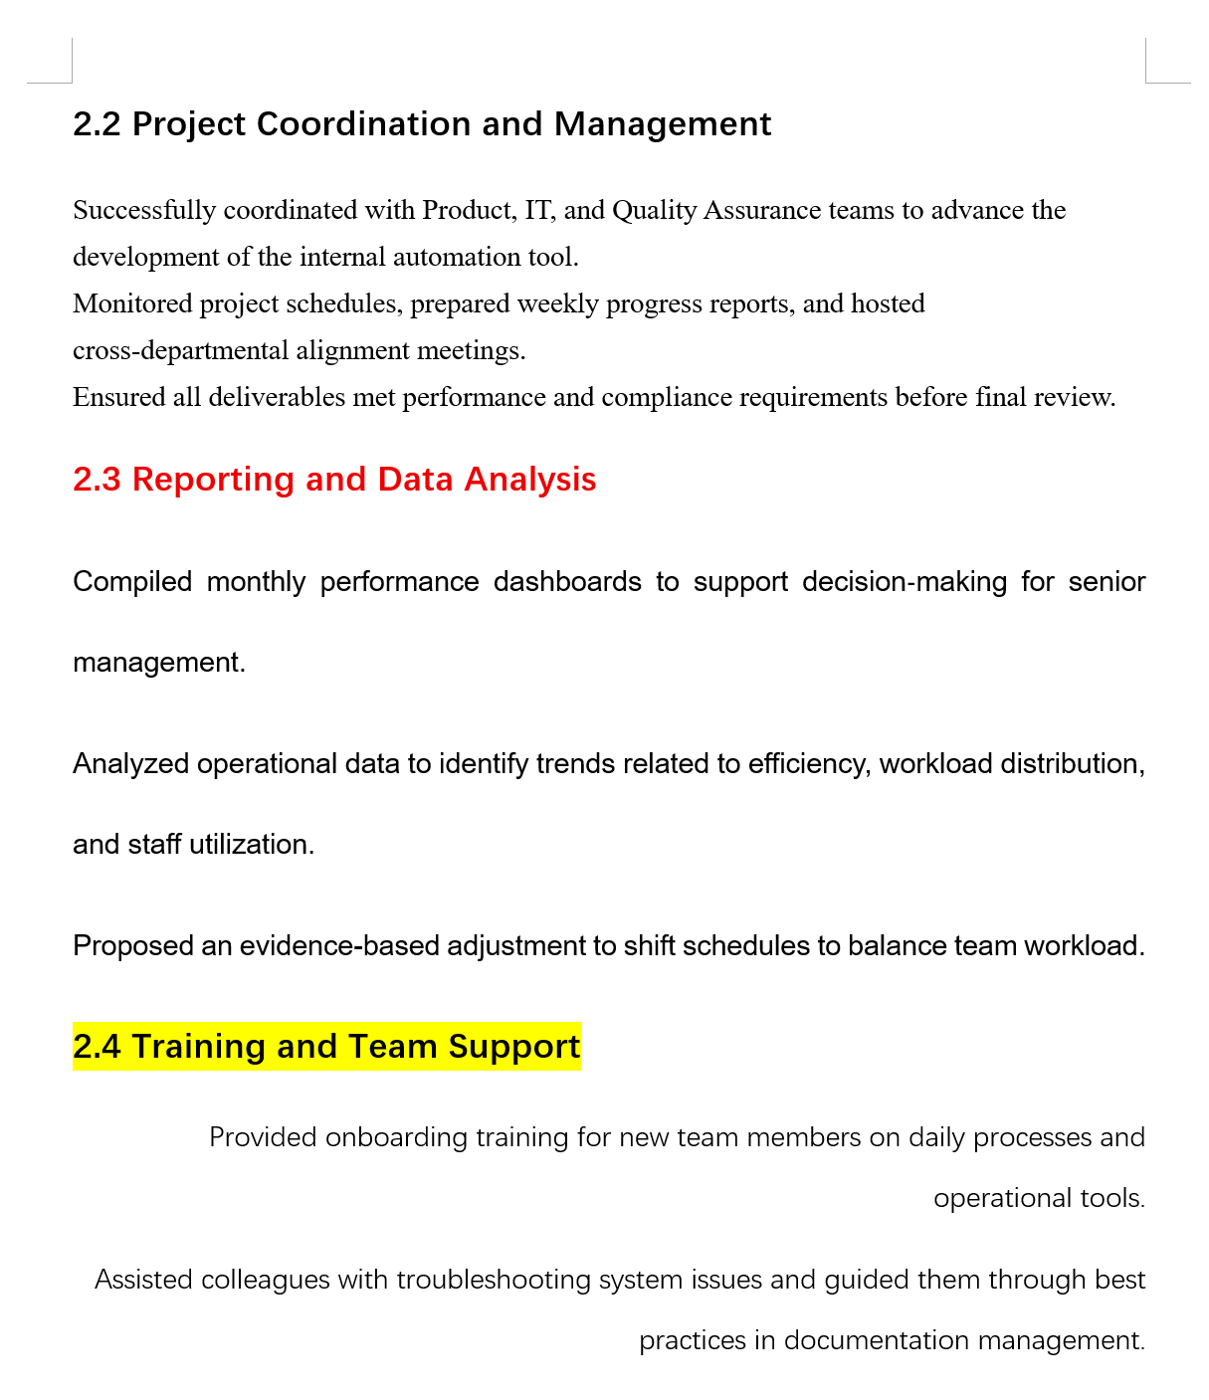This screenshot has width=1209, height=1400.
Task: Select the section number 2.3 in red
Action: (97, 480)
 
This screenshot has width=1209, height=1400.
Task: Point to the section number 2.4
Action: (97, 1047)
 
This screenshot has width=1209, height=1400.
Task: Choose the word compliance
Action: (666, 398)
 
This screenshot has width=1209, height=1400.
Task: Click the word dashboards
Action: (567, 582)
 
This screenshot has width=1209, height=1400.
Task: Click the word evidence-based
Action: (339, 946)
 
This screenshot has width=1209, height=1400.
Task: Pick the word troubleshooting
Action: (494, 1280)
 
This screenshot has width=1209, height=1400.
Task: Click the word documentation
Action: (877, 1341)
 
